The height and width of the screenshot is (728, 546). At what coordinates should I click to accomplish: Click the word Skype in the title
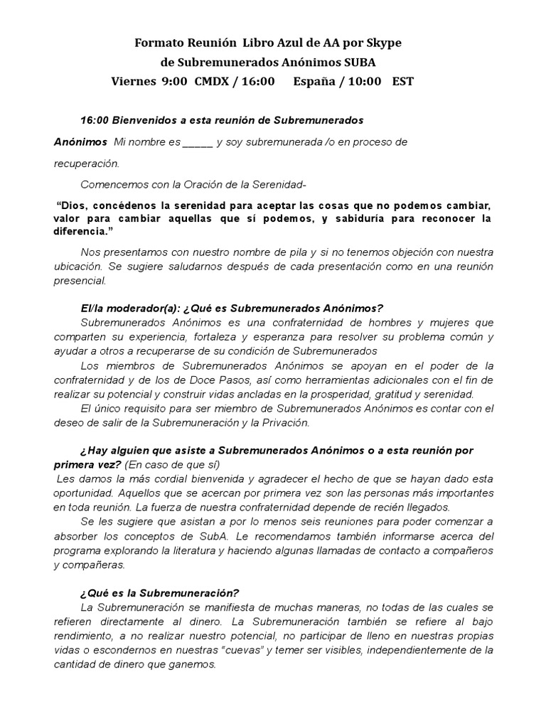[384, 43]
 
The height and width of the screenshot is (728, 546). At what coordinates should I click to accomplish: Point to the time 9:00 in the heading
[175, 81]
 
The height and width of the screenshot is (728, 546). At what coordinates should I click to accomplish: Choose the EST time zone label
[403, 81]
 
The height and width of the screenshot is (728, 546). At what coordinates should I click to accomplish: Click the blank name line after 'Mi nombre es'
[198, 142]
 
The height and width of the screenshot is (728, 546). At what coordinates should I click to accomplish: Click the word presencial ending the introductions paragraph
[80, 280]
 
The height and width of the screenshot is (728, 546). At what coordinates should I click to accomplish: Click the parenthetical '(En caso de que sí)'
[173, 465]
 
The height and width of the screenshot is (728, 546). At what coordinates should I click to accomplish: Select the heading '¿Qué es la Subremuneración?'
[160, 593]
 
